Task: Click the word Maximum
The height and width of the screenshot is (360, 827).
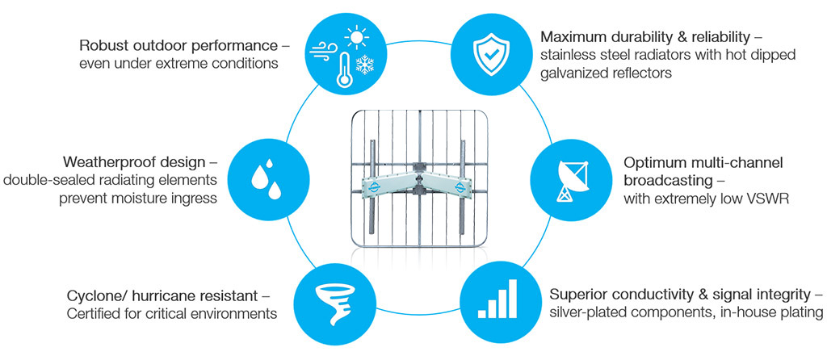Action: pyautogui.click(x=575, y=37)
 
